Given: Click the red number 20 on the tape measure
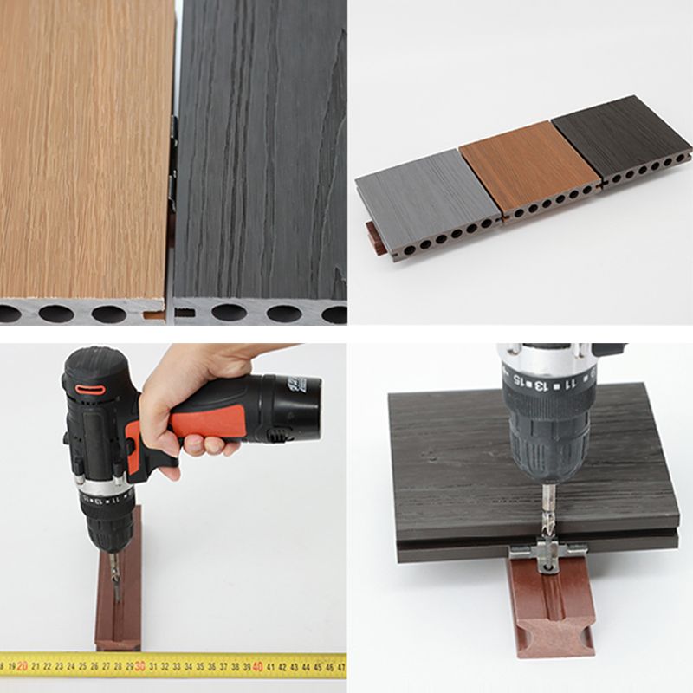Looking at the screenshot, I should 23,665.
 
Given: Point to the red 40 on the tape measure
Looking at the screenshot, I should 257,665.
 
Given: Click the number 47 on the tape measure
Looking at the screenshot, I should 340,667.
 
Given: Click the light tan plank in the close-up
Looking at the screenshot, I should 82,147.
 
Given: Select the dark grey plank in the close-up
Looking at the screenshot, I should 260,147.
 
